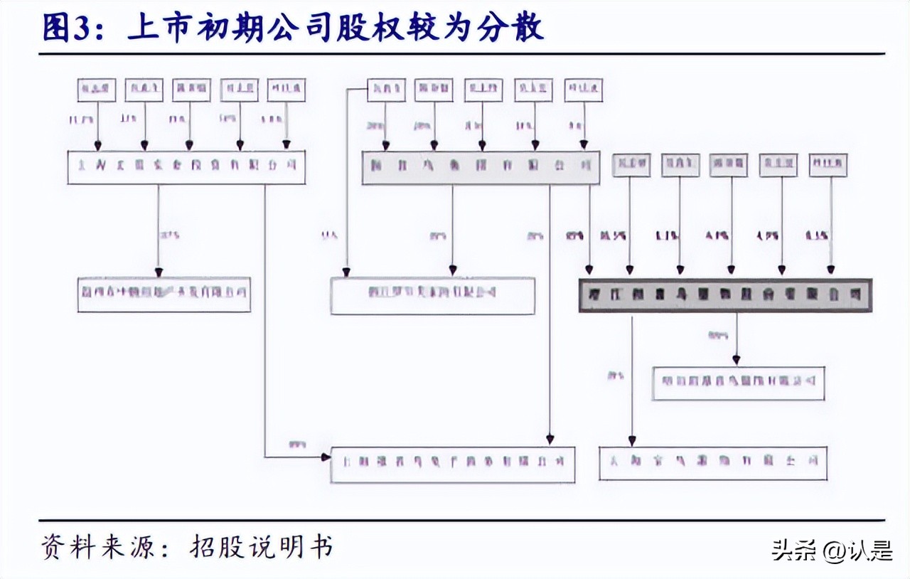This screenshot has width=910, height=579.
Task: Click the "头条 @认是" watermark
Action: [x=832, y=550]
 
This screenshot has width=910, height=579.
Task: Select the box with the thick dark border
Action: [x=725, y=294]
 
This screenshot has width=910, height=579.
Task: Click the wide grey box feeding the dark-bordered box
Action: [x=481, y=168]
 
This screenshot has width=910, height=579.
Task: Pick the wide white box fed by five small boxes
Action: [x=186, y=168]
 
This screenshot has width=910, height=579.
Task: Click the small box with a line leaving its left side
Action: [x=386, y=90]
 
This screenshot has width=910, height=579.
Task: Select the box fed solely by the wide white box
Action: [x=164, y=294]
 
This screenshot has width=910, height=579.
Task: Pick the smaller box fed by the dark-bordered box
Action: [x=738, y=383]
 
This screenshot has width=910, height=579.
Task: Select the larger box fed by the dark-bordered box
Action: [x=713, y=462]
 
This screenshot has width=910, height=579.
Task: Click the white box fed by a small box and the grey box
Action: [x=432, y=294]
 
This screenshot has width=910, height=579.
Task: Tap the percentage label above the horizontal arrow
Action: [x=296, y=445]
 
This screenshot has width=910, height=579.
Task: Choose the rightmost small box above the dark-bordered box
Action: [x=828, y=165]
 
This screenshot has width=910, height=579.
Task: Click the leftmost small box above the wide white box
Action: [x=97, y=90]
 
